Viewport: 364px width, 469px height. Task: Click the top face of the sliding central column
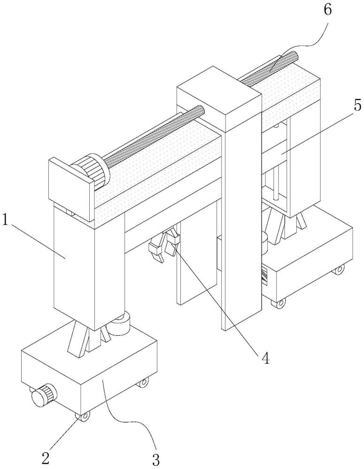click(218, 92)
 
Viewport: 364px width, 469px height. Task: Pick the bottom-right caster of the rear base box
click(280, 303)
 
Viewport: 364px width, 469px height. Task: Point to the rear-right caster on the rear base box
click(339, 269)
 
